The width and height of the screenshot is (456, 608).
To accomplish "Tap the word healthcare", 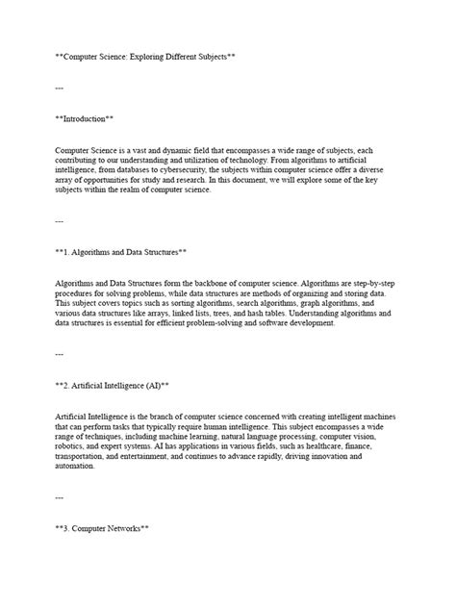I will (327, 445).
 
